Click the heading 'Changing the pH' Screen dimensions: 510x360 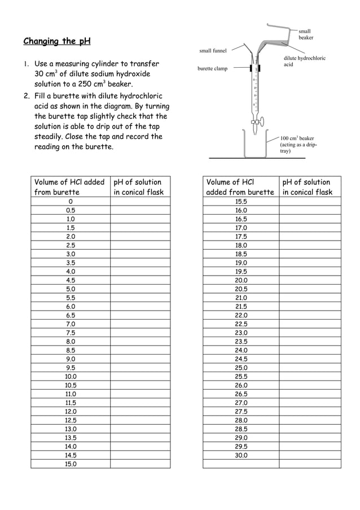56,41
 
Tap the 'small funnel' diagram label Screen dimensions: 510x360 213,51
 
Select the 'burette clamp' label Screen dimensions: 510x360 212,69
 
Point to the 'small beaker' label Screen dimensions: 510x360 305,34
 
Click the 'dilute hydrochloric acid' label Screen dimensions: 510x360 304,62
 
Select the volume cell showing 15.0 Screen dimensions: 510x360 71,464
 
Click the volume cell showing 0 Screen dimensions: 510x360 71,202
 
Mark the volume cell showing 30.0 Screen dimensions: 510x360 241,455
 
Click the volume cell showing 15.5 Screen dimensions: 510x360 241,202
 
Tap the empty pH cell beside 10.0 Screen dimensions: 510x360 140,377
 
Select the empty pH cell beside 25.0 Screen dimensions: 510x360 309,368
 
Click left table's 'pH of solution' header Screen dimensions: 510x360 139,187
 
